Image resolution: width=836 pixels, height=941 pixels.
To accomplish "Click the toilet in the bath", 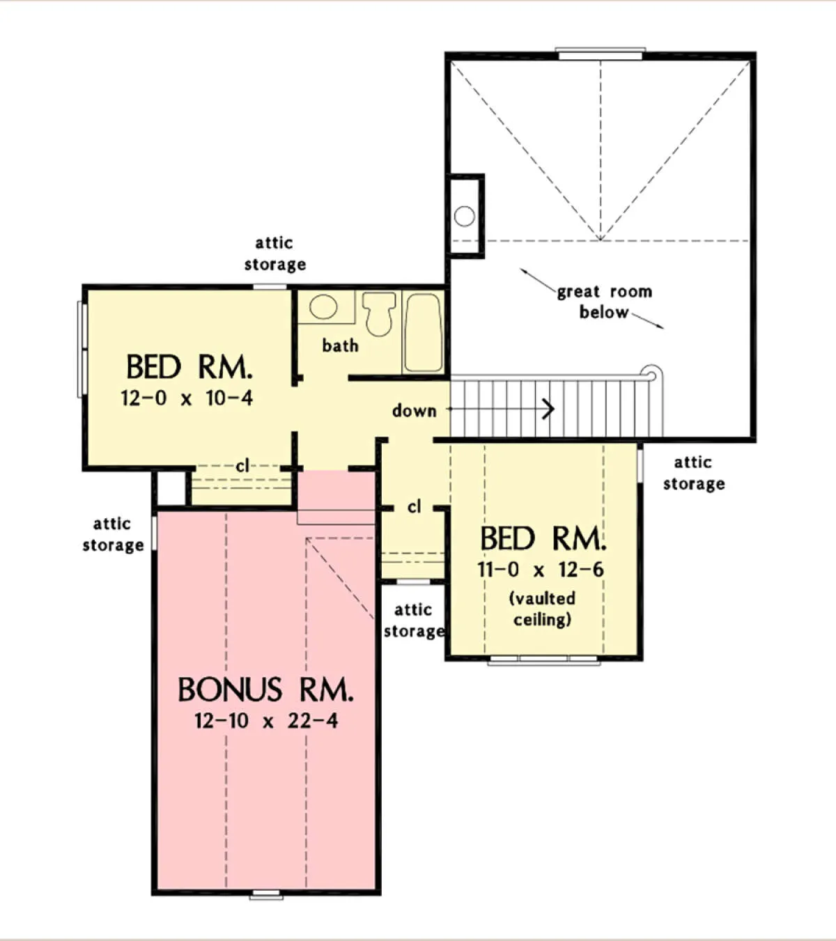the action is tap(379, 313).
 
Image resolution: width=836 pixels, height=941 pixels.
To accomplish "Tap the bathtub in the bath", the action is tap(423, 332).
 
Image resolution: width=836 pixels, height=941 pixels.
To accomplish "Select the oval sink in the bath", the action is tap(323, 306).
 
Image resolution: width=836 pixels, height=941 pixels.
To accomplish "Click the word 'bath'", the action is tap(340, 345).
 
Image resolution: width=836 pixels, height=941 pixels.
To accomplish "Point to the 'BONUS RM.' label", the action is tap(265, 690).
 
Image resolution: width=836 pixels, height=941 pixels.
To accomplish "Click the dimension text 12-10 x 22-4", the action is tap(266, 721).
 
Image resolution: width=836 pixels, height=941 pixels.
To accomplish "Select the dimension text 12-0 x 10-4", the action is tap(187, 398).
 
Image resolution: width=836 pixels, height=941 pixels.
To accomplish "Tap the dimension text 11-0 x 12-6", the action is tap(541, 570).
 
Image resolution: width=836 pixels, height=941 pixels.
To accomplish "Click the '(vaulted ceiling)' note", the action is tap(542, 609).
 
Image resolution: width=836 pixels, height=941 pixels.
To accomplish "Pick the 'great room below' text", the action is tap(605, 302).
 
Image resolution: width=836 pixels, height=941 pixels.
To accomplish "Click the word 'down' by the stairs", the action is tap(415, 410).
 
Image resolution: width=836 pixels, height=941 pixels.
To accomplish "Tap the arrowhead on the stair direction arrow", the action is tap(550, 409).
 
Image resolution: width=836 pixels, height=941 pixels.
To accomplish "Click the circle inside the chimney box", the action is tap(464, 216).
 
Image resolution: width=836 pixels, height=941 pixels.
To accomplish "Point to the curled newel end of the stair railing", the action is tap(651, 374).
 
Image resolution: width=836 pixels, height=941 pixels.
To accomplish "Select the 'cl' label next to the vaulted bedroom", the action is tap(414, 506).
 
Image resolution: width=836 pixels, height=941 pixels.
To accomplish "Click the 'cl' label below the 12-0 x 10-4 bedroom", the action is tap(242, 465).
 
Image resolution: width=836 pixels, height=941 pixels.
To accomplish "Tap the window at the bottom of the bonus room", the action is tap(266, 895).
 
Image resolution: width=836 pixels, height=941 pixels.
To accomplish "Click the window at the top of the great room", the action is tap(601, 54).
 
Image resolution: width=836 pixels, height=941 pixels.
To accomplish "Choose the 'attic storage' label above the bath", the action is tap(275, 254).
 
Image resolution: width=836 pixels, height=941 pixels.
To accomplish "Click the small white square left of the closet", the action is tap(171, 488).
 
